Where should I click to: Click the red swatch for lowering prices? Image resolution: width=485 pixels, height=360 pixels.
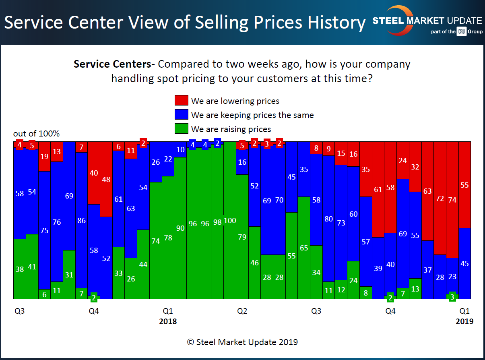[181, 101]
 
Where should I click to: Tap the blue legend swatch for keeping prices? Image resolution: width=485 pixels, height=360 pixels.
[181, 115]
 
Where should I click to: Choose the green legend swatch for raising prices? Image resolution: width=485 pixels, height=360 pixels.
[181, 129]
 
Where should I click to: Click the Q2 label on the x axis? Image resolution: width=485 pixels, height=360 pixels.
[242, 311]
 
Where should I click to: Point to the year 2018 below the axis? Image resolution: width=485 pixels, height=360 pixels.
[168, 321]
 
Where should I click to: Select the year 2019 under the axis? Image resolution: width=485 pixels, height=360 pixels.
[464, 321]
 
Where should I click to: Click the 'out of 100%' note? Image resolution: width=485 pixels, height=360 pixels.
[36, 134]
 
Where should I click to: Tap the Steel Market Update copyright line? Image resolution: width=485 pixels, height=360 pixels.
[242, 342]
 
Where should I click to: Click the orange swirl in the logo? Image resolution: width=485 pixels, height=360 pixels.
[392, 20]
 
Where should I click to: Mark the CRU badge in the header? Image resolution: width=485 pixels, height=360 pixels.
[461, 32]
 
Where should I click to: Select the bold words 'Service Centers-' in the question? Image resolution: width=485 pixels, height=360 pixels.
[114, 64]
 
